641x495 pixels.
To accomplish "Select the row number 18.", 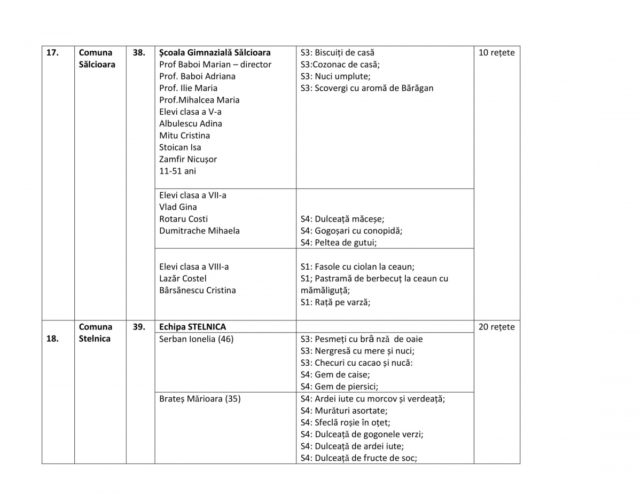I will click(52, 339).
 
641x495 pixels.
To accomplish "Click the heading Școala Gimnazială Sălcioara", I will click(215, 53).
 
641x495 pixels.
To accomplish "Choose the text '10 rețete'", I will click(496, 53).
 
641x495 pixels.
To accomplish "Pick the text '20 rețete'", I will click(496, 327).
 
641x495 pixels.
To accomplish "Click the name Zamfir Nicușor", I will click(188, 159).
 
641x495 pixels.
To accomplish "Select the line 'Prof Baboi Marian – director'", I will click(215, 65).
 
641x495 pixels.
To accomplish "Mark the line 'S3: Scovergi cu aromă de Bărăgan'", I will click(367, 88).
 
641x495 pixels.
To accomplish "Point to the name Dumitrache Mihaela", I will click(199, 231).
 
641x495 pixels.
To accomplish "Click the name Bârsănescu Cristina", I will click(197, 290).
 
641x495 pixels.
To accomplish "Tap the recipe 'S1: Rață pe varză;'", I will click(335, 302).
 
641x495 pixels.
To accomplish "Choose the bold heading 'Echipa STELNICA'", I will click(192, 327).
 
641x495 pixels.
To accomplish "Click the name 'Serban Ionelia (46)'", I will click(196, 339).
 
